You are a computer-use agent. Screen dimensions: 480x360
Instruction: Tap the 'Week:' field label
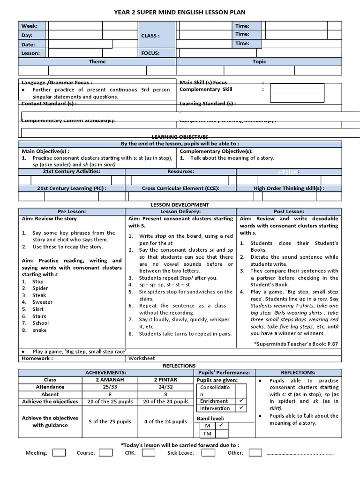[29, 26]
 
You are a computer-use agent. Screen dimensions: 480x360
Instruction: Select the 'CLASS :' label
[150, 35]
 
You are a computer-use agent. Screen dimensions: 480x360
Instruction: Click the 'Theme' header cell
[97, 61]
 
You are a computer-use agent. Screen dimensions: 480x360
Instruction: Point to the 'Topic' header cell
[259, 61]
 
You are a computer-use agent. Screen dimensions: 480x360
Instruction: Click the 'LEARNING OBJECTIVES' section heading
[180, 136]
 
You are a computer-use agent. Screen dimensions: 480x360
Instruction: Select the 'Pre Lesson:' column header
[72, 211]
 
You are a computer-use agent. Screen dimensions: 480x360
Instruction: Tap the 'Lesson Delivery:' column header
[181, 211]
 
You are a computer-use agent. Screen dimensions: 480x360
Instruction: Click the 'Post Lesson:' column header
[289, 211]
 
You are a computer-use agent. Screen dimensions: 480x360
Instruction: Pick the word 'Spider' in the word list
[40, 288]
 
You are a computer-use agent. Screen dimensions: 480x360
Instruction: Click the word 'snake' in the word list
[39, 330]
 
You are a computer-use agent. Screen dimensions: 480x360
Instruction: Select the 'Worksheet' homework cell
[142, 358]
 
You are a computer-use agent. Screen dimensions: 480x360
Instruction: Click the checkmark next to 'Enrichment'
[240, 401]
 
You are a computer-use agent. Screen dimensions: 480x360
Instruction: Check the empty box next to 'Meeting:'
[59, 453]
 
